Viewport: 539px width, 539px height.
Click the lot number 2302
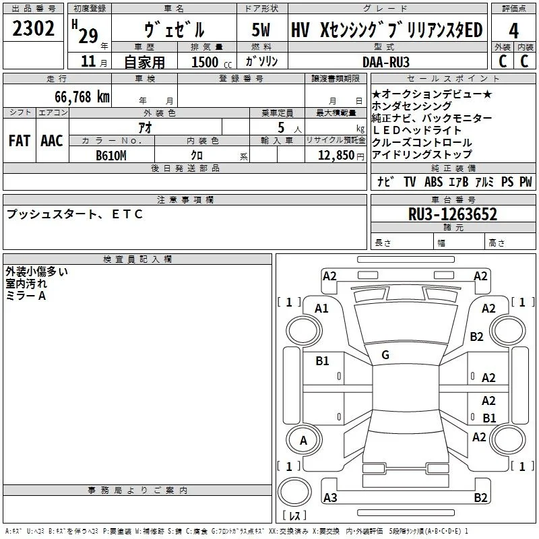(x=33, y=28)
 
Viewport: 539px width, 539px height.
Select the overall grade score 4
(x=513, y=31)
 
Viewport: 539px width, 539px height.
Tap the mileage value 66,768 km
(x=82, y=97)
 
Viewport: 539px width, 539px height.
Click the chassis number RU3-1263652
(x=453, y=214)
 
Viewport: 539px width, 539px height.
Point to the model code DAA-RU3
(x=386, y=62)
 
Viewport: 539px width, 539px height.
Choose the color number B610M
(x=111, y=156)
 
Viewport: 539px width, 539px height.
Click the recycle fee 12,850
(x=336, y=156)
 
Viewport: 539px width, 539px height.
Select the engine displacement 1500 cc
(x=212, y=62)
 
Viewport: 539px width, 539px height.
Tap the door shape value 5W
(x=261, y=30)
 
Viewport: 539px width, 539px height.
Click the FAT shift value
(x=20, y=141)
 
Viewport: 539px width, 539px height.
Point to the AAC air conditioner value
(x=52, y=141)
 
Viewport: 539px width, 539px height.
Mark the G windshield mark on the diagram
(x=385, y=355)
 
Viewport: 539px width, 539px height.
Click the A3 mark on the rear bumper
(x=330, y=497)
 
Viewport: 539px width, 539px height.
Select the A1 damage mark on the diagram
(x=321, y=309)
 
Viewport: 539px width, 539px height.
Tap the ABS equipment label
(x=433, y=181)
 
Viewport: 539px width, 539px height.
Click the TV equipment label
(x=410, y=181)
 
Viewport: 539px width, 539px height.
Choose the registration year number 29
(x=88, y=36)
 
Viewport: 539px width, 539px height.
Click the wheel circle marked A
(x=303, y=441)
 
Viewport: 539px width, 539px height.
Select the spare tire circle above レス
(x=294, y=492)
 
